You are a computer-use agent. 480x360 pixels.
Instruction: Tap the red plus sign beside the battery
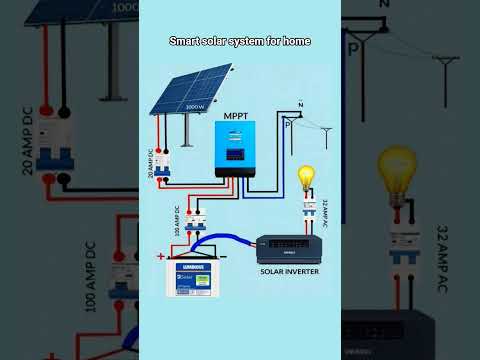(x=160, y=257)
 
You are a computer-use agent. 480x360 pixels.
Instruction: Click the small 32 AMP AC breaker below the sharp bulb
(x=308, y=214)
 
